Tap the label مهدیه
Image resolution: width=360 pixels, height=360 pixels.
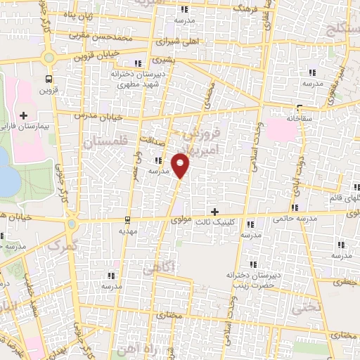[127, 231]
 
